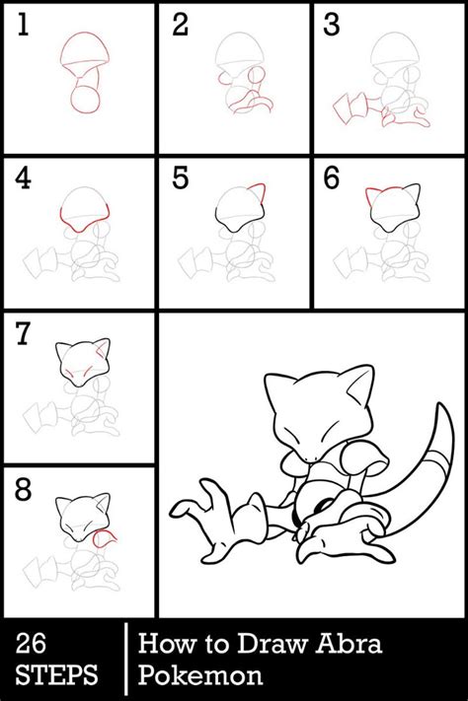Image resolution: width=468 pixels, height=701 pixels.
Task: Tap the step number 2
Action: tap(180, 25)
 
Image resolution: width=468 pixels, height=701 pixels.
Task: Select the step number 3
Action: tap(332, 25)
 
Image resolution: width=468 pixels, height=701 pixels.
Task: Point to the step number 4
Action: tap(23, 178)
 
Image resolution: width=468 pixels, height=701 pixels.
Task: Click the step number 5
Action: tap(181, 178)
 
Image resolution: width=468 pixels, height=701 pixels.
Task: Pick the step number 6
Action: tap(332, 178)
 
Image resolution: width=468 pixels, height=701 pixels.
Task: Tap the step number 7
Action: tap(23, 334)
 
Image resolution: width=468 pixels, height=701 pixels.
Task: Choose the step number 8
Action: tap(23, 490)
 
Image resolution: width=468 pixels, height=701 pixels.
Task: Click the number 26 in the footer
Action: tap(31, 644)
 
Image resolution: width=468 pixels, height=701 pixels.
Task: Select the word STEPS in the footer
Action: tap(56, 675)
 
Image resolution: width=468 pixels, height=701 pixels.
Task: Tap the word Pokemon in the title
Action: tap(200, 675)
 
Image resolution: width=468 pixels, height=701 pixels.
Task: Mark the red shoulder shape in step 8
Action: tap(106, 537)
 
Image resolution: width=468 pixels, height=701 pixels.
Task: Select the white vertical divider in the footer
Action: tap(125, 659)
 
